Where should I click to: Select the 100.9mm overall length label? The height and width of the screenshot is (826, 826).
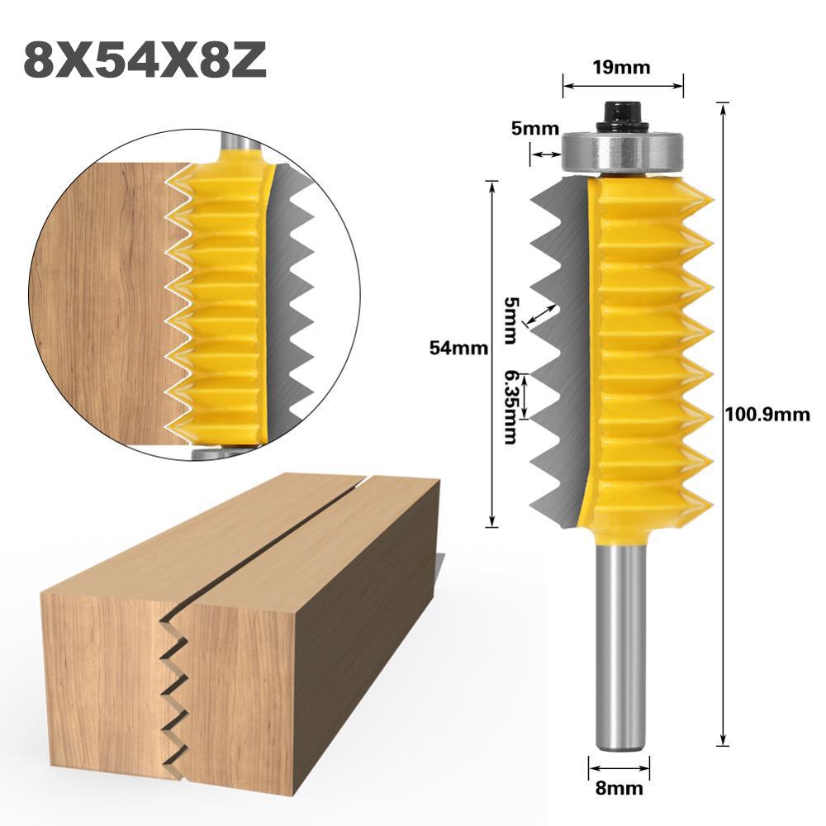click(767, 415)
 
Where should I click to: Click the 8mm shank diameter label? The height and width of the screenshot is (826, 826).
click(619, 788)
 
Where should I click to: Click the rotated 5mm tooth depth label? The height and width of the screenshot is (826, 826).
click(513, 320)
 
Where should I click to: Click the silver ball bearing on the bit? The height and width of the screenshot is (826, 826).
click(623, 152)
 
